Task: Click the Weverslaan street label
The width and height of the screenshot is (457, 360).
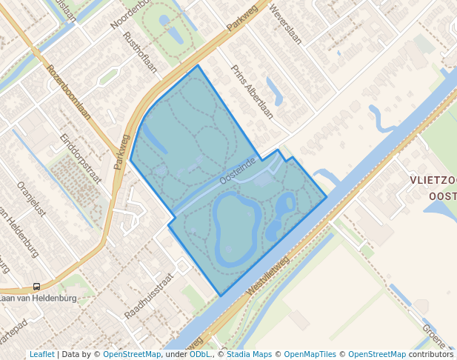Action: (x=287, y=26)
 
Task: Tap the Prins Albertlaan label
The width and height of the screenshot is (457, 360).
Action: (x=253, y=91)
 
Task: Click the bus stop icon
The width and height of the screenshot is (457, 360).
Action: (x=36, y=287)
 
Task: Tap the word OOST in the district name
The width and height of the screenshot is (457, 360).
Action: (x=442, y=196)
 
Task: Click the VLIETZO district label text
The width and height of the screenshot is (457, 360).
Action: (x=433, y=181)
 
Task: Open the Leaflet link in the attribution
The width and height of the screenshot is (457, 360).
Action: (x=41, y=355)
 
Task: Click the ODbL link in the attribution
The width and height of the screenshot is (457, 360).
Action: (x=200, y=355)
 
